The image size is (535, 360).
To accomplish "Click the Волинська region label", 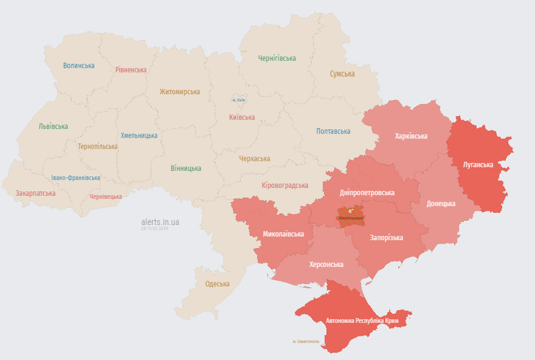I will (78, 66).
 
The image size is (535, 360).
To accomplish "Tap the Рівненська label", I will (131, 70).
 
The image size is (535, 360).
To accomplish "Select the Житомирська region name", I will (179, 92).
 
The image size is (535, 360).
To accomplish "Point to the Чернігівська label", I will (277, 58).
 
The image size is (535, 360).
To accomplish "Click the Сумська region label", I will (342, 74).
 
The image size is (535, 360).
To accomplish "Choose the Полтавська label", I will (333, 131).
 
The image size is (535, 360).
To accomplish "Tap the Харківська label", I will (411, 136).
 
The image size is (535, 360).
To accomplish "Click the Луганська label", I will (477, 165).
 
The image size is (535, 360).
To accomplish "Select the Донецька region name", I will (441, 204).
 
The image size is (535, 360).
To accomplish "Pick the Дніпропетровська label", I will (367, 193).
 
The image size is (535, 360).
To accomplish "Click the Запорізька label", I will (386, 238).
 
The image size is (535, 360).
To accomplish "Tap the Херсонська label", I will (326, 265).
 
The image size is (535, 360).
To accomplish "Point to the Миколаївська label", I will (283, 234).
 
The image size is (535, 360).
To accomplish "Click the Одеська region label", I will (217, 284).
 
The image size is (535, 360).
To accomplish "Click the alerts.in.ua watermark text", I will (160, 222).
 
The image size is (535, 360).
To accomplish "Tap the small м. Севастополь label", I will (306, 342).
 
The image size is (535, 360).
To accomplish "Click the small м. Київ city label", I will (238, 100).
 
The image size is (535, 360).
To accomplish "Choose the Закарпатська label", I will (35, 193).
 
